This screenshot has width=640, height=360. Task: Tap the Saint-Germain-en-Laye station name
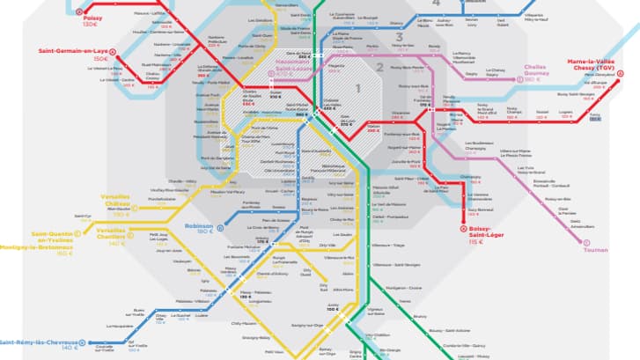[71, 51]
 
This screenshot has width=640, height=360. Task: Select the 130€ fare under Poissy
[90, 25]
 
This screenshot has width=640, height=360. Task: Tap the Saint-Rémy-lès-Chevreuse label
[42, 342]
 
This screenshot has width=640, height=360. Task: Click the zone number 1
[358, 87]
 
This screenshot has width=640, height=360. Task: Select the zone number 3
[399, 37]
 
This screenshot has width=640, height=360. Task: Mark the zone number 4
[436, 4]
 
